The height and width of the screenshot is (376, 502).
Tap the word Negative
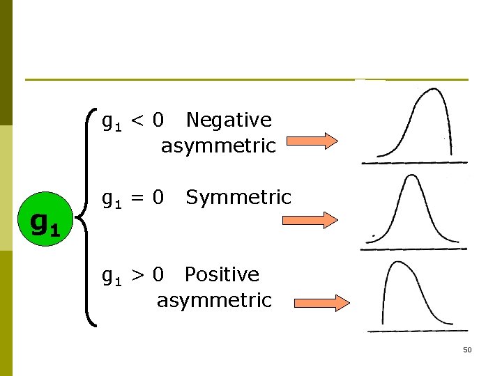tap(229, 120)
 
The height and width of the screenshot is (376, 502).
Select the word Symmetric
tap(238, 197)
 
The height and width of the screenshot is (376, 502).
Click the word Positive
tap(222, 274)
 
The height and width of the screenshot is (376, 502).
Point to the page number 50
tap(467, 350)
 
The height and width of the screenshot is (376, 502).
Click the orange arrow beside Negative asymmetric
tap(312, 142)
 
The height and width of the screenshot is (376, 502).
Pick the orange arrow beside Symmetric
tap(310, 220)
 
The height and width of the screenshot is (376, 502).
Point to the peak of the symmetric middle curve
tap(413, 176)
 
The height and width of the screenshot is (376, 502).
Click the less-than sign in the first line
tap(138, 120)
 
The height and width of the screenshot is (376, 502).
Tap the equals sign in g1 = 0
tap(138, 198)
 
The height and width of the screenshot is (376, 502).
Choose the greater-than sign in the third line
tap(138, 275)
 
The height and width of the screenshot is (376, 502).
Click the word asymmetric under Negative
tap(218, 146)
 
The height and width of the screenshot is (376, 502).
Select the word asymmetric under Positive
tap(214, 301)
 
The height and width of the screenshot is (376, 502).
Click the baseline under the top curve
tap(414, 162)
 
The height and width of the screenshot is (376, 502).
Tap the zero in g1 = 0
tap(158, 198)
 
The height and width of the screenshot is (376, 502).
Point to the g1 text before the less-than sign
tap(112, 122)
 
